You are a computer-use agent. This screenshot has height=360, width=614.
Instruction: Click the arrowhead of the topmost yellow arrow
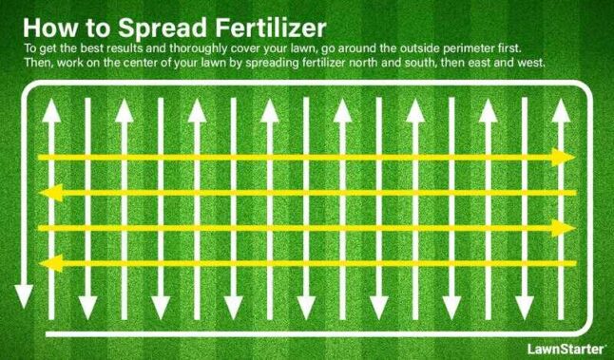(x=566, y=157)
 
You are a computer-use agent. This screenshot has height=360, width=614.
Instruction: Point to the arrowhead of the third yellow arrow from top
(x=566, y=228)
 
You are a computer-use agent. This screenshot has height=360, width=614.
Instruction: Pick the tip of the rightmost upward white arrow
(x=557, y=107)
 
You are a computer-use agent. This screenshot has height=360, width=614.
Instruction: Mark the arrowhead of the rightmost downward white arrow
(x=522, y=308)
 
